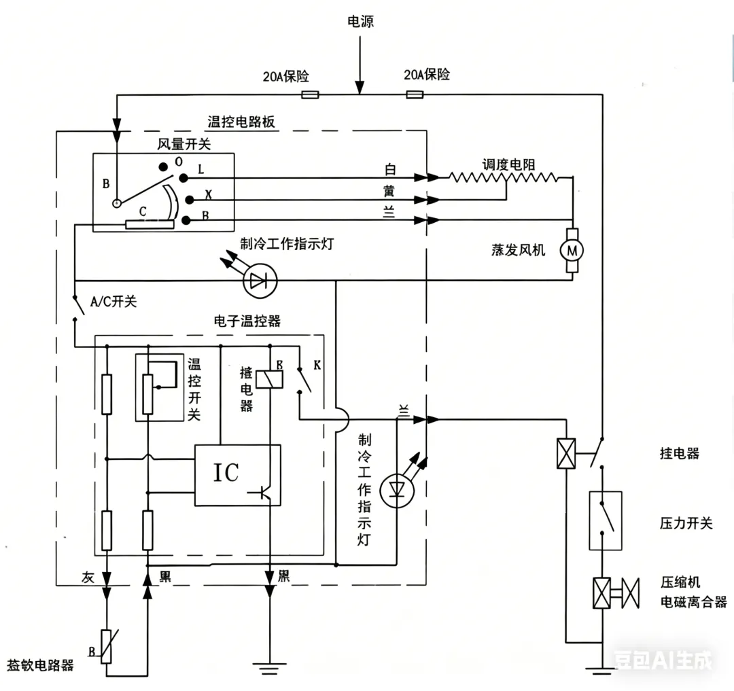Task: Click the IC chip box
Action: (237, 474)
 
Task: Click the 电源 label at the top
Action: (360, 22)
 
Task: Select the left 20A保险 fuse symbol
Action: (310, 94)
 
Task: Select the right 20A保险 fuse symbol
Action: (415, 94)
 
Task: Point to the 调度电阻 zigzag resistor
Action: (503, 177)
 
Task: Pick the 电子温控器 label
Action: (247, 321)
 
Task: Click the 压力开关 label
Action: (686, 523)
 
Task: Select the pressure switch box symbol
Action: (605, 520)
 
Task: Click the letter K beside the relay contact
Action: (317, 366)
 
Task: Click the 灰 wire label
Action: (88, 578)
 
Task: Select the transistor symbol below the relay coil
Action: (270, 494)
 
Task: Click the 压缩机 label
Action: (680, 582)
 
